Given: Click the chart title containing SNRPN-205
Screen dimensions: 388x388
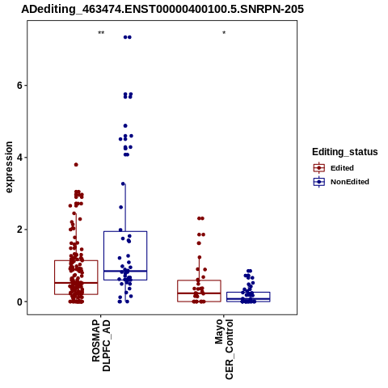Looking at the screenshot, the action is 162,9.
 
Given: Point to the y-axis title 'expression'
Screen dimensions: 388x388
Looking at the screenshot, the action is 9,167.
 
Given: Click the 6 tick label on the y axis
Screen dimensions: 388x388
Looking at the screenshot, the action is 19,86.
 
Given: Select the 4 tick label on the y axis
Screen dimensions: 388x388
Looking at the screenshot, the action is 19,158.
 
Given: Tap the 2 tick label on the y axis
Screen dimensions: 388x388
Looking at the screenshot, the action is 19,230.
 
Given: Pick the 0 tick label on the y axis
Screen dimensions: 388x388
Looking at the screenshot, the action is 19,302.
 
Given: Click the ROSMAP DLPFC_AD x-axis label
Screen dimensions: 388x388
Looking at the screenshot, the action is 101,345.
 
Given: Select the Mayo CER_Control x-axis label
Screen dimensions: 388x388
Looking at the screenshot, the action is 224,349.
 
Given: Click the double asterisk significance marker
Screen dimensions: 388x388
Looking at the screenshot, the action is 101,33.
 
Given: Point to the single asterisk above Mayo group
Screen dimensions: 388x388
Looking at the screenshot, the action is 224,33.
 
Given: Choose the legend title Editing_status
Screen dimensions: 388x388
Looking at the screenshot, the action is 345,152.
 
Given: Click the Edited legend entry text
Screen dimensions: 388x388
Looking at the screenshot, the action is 342,168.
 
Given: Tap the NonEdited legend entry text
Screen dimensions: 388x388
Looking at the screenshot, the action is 350,182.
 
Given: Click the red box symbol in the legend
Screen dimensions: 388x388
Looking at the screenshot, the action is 319,168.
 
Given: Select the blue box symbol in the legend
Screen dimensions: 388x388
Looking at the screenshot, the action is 319,182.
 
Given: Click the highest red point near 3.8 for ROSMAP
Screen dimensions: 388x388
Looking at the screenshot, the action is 76,165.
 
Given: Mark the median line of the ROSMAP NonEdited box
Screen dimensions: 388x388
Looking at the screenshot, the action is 125,271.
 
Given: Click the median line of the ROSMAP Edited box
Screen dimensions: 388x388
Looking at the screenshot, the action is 76,283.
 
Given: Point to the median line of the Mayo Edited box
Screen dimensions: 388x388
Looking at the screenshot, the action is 199,293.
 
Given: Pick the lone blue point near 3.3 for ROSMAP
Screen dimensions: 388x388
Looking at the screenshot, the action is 123,183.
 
